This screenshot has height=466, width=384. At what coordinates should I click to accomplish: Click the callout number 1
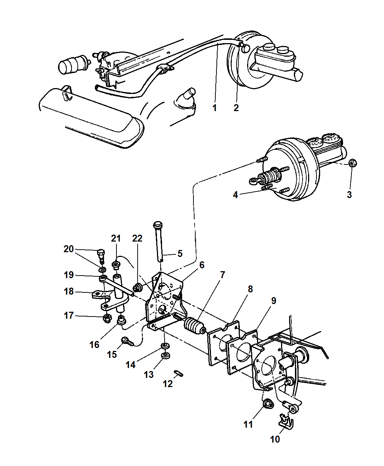(x=214, y=108)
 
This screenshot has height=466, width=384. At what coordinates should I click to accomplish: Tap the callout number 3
(x=349, y=194)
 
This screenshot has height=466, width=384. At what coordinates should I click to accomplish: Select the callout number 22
(x=137, y=238)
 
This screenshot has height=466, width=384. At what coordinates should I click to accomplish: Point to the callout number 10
(x=275, y=439)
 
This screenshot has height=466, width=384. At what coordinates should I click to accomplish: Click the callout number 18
(x=69, y=291)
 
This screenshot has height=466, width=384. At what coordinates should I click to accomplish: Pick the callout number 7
(x=222, y=275)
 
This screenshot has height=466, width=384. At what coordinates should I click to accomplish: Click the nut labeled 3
(x=352, y=163)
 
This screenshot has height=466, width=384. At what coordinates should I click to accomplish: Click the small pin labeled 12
(x=178, y=373)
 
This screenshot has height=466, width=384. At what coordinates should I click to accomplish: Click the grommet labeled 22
(x=137, y=287)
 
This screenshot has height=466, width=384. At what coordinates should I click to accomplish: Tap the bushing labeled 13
(x=165, y=356)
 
